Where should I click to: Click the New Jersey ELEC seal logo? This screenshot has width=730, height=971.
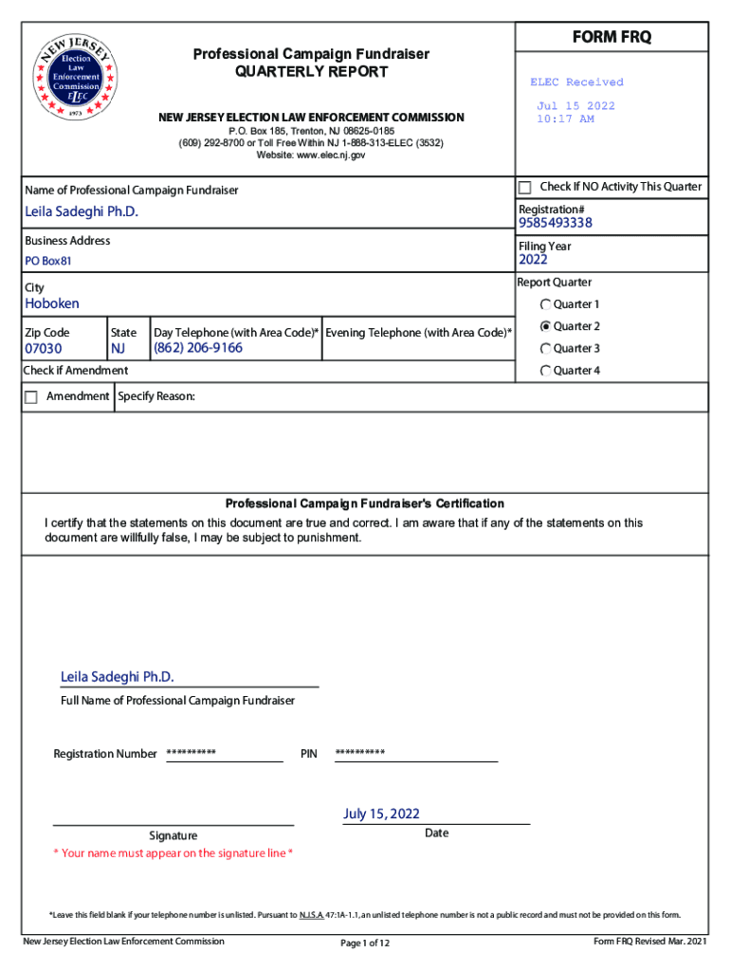tap(76, 78)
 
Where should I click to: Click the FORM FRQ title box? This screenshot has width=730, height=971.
tap(611, 37)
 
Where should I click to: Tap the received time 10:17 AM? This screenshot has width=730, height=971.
tap(565, 119)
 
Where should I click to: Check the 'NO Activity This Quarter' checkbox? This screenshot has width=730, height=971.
tap(525, 187)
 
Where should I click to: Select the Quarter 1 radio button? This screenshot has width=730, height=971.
tap(546, 304)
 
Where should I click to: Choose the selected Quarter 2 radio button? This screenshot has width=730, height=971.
tap(546, 326)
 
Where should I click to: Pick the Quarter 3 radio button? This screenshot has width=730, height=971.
tap(546, 348)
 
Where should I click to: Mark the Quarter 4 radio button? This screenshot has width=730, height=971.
tap(546, 370)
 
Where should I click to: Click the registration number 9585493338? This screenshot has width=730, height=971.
tap(556, 224)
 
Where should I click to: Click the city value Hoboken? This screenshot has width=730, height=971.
tap(52, 303)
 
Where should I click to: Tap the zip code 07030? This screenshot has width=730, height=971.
tap(44, 348)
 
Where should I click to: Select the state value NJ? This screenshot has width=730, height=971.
tap(119, 348)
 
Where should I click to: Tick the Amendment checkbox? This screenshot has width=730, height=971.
tap(30, 396)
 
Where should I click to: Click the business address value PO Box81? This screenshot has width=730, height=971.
tap(48, 261)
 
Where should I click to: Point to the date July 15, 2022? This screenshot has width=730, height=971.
tap(381, 814)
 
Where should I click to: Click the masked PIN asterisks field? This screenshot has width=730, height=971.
tap(360, 753)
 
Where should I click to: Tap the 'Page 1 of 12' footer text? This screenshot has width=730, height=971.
tap(365, 943)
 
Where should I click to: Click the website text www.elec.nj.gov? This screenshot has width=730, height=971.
tap(310, 155)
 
